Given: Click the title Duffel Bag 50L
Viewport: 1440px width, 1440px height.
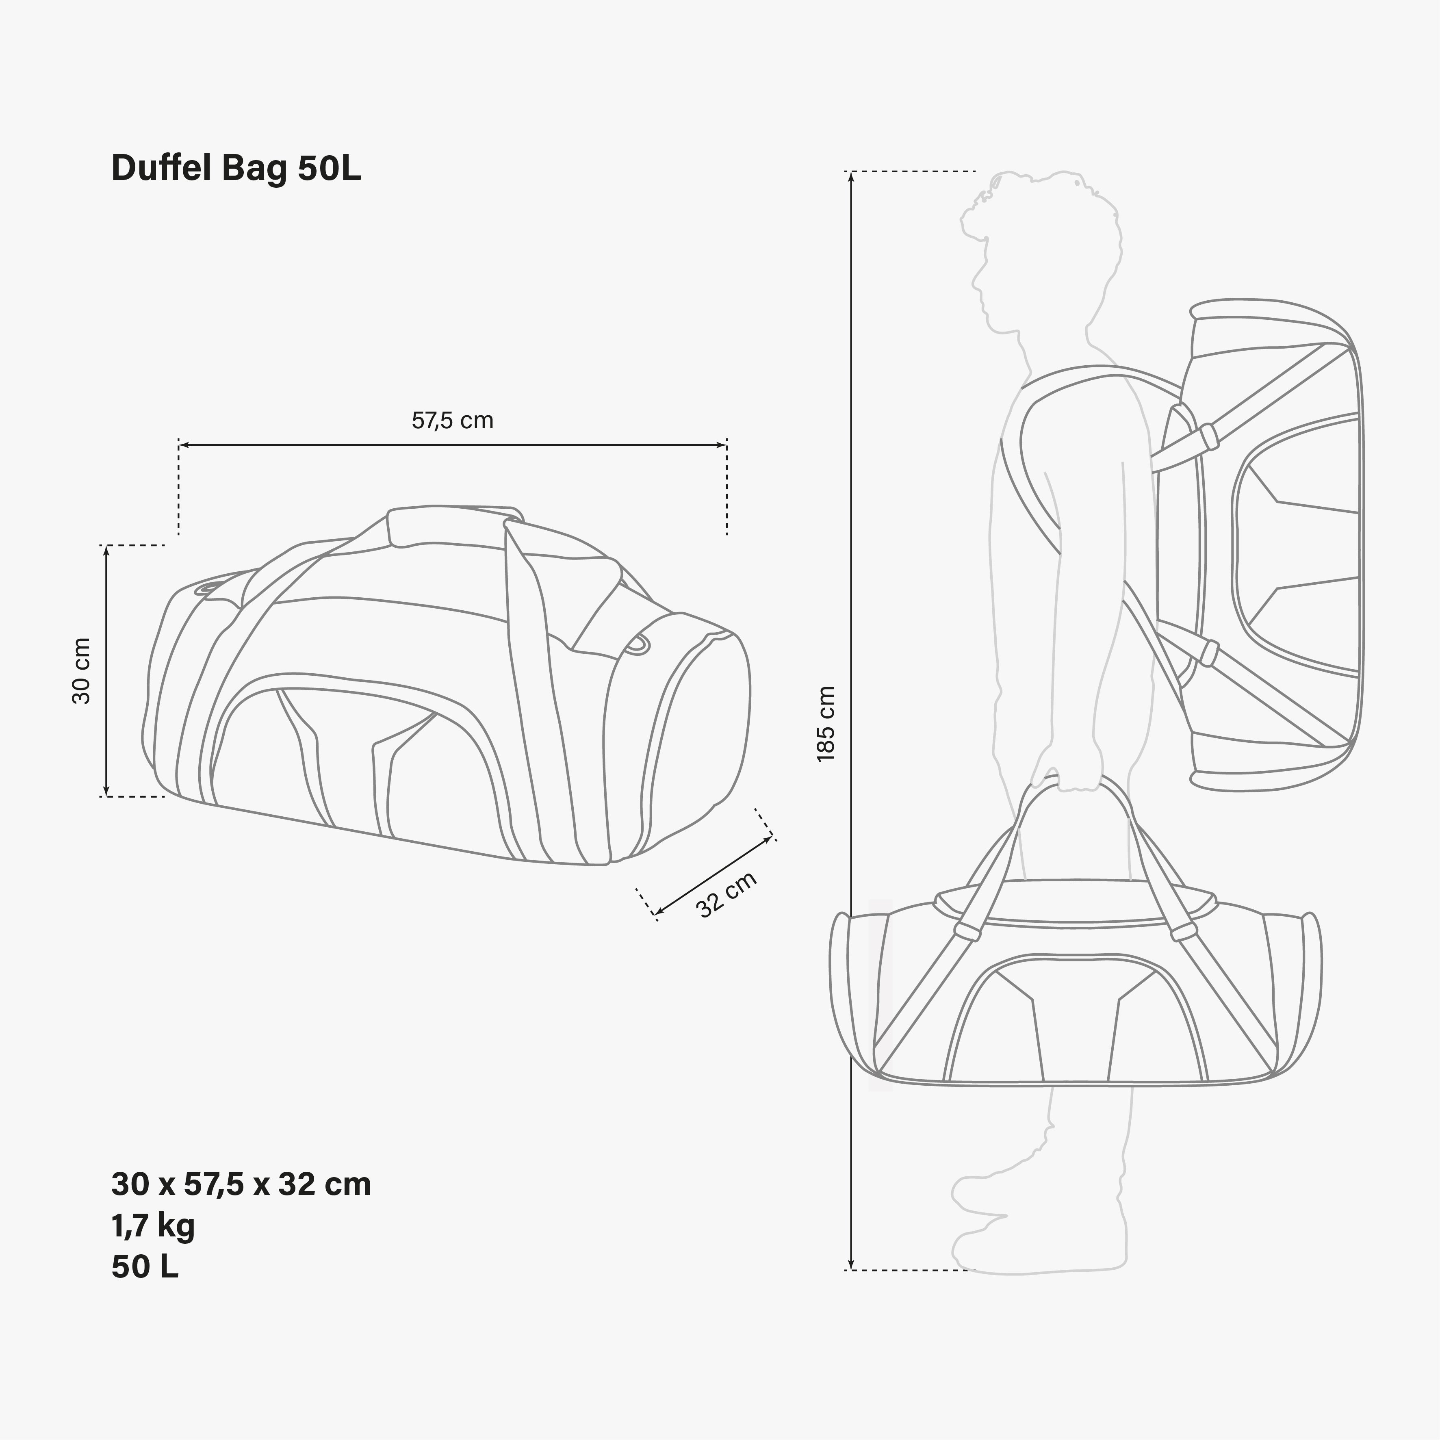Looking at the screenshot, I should click(236, 169).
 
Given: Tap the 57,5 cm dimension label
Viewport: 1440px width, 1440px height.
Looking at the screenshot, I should click(452, 421).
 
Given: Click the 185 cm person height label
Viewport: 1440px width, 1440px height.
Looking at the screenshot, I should click(826, 723).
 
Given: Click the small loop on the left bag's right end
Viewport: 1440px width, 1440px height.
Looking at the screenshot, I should click(636, 646).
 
